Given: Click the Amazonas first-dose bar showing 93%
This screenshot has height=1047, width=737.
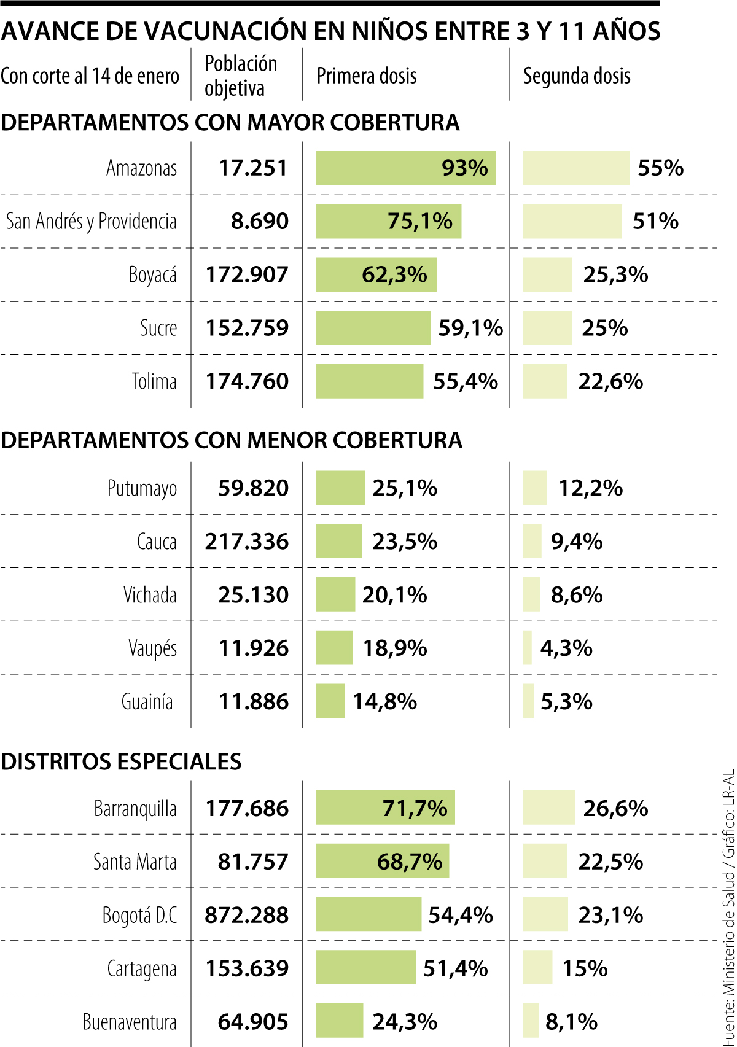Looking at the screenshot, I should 405,168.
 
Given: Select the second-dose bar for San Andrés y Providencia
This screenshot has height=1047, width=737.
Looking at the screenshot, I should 572,221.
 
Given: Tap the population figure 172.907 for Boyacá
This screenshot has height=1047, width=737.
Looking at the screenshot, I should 247,274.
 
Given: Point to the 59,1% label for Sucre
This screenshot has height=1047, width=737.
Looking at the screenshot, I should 470,328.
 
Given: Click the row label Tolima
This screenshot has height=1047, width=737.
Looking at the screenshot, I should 154,381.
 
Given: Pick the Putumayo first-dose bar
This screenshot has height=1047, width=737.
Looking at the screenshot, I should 340,488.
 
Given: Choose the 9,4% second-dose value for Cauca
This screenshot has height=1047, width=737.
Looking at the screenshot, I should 577,542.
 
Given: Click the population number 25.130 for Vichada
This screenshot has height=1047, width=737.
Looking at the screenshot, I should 253,595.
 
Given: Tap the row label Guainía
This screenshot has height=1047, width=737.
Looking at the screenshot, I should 147,702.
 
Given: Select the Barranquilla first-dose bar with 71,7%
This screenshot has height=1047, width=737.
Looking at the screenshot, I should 385,808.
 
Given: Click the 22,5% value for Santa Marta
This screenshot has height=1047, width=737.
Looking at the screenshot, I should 610,862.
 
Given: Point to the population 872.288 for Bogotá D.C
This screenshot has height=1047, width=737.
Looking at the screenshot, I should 247,915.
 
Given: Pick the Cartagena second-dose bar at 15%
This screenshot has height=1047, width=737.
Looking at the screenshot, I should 537,968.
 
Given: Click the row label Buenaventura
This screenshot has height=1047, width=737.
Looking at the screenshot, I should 130,1022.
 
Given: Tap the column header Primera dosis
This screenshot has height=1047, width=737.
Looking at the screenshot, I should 367,76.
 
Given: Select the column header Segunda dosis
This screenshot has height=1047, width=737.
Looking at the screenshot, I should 577,76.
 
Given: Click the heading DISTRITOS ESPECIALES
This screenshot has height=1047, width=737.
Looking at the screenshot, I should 121,761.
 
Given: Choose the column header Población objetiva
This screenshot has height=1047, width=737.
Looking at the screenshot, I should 241,76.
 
